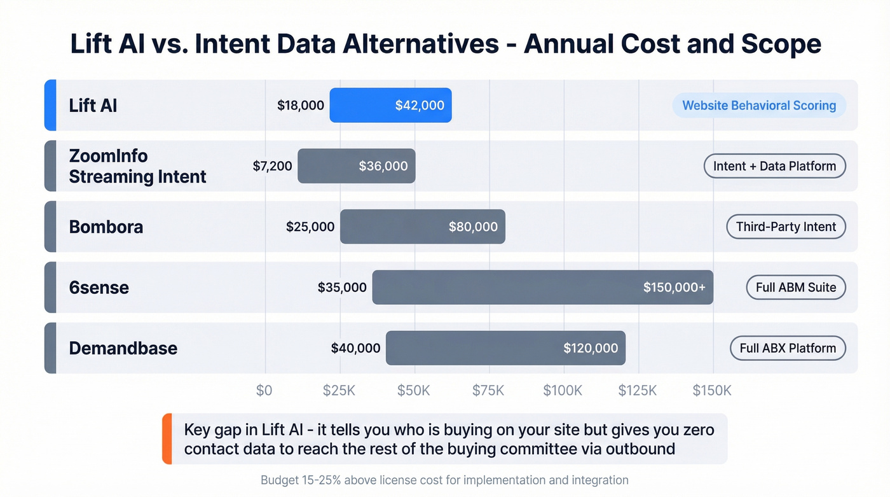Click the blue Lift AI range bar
click(x=390, y=105)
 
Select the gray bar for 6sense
click(x=542, y=287)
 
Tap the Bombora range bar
click(x=422, y=227)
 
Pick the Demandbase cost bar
click(x=505, y=348)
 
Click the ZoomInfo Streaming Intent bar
click(x=356, y=166)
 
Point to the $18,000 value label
click(x=301, y=106)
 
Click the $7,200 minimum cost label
click(x=273, y=166)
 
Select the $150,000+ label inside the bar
click(x=674, y=288)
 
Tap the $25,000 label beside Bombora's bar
click(x=310, y=227)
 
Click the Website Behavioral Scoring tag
click(x=759, y=106)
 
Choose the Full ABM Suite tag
click(x=796, y=288)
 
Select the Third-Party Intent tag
click(x=786, y=227)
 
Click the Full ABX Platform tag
click(x=788, y=348)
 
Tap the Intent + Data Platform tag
click(x=774, y=166)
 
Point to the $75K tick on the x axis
click(x=488, y=391)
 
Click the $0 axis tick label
click(x=264, y=391)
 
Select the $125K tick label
click(x=638, y=391)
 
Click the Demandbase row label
click(x=123, y=348)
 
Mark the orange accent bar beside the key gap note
click(x=167, y=439)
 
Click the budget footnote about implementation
click(x=444, y=480)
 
